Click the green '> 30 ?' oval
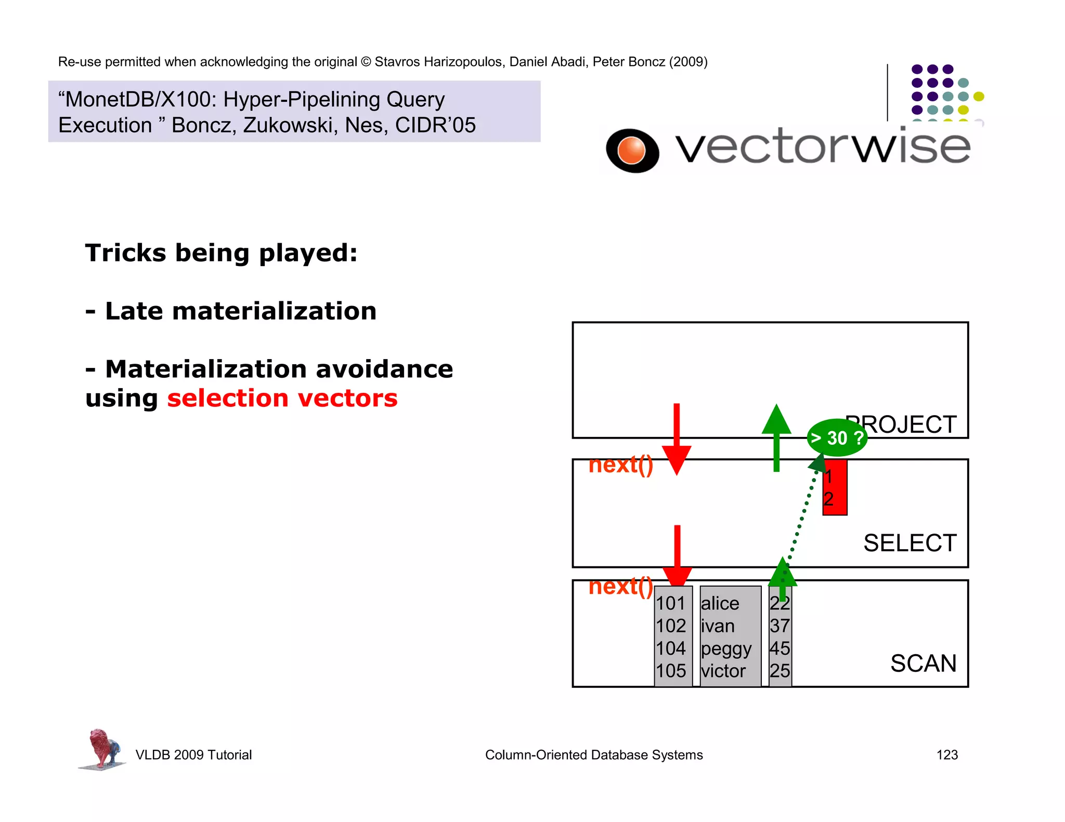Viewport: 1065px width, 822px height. point(837,437)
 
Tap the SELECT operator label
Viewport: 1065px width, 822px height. point(910,543)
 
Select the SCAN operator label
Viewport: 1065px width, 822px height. point(923,663)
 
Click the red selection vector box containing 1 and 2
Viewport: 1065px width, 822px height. point(835,488)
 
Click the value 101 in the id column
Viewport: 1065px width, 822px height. point(670,603)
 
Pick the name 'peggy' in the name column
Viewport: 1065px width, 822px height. point(726,649)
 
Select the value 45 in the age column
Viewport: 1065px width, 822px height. point(780,648)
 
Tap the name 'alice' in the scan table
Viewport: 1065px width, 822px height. point(720,603)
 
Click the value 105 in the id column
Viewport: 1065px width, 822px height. point(670,671)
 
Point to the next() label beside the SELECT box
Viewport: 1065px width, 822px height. point(620,465)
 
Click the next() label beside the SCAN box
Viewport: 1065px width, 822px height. point(620,586)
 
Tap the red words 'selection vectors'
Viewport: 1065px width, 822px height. point(282,399)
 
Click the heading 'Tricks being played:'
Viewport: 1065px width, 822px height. point(222,253)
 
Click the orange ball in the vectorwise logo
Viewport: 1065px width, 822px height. point(631,150)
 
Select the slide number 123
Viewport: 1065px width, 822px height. point(946,754)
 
